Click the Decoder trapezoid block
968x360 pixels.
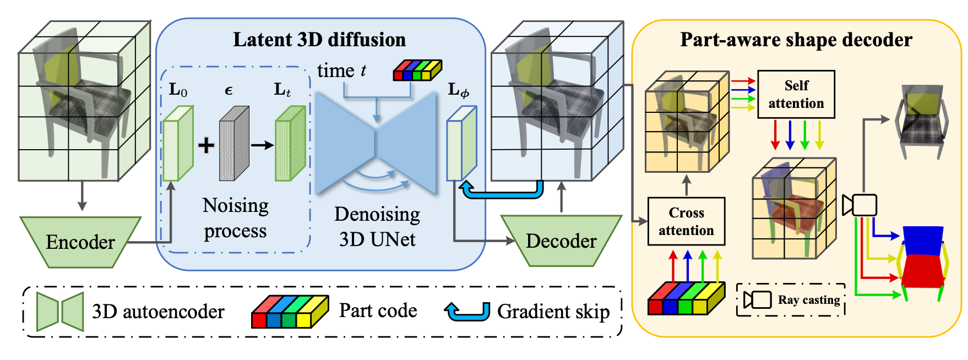[x=561, y=241]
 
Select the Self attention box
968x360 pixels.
[x=796, y=94]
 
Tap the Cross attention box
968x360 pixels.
[x=686, y=221]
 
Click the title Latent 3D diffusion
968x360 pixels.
[x=319, y=40]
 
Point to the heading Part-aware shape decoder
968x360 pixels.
[x=796, y=40]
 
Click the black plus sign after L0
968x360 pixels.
[x=206, y=145]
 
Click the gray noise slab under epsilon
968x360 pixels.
[x=233, y=144]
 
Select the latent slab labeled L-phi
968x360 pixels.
[x=461, y=144]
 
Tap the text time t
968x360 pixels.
[x=341, y=71]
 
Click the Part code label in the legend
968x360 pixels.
[x=378, y=310]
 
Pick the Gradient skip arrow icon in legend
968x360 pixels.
[x=467, y=312]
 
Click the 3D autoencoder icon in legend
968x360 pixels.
[x=60, y=312]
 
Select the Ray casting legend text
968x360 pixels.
[x=808, y=300]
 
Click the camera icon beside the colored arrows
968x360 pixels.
[x=861, y=205]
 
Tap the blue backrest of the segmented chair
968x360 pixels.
[x=923, y=240]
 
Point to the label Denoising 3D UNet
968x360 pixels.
[x=377, y=226]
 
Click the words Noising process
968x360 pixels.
[x=236, y=218]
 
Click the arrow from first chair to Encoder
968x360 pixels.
[x=82, y=196]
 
